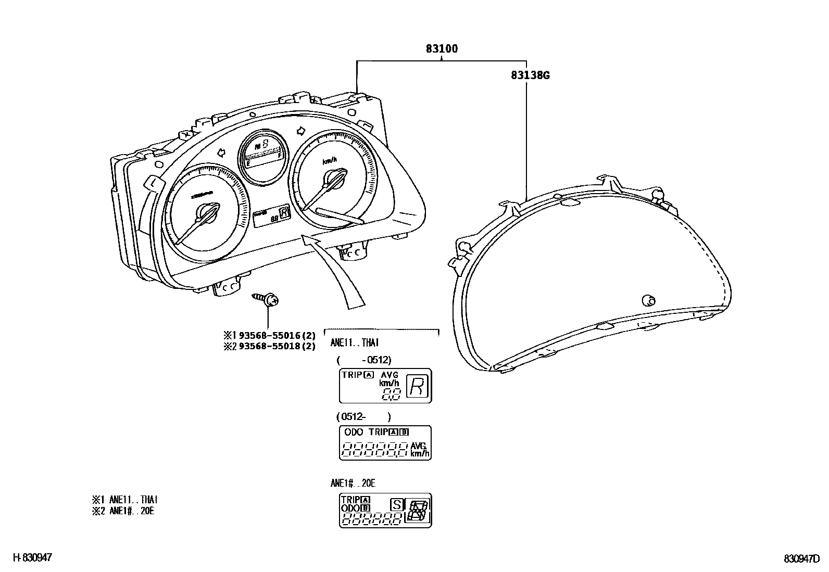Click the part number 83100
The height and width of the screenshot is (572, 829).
[442, 49]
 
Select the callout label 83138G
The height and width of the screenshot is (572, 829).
[530, 75]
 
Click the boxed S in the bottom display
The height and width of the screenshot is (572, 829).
[397, 504]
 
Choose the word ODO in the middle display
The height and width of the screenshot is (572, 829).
[354, 432]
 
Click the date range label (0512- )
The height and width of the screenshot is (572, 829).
[363, 416]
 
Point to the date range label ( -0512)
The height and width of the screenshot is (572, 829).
[363, 360]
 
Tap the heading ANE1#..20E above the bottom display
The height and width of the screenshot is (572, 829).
[353, 484]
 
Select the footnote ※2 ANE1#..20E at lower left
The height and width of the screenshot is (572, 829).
[123, 511]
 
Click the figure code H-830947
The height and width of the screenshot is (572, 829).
[32, 558]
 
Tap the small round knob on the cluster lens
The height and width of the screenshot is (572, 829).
[649, 300]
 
